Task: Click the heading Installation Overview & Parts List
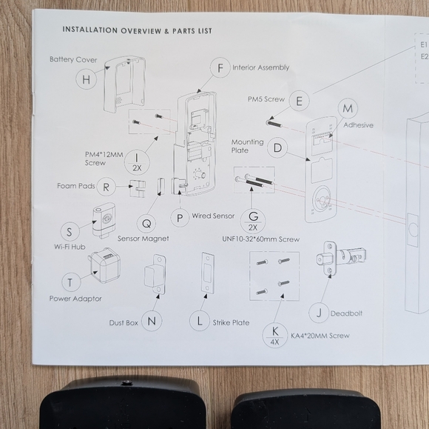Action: [137, 30]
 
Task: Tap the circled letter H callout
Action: [87, 79]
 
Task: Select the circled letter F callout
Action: [219, 69]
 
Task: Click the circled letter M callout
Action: [347, 109]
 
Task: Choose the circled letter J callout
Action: [318, 313]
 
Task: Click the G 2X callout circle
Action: [253, 219]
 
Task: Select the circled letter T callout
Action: [70, 282]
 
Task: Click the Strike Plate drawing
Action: [208, 276]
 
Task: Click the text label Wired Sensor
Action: [213, 216]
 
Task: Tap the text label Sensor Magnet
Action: [143, 239]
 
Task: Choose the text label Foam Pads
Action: [76, 186]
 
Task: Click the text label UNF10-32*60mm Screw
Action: [260, 239]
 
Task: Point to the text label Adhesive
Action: [358, 125]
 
